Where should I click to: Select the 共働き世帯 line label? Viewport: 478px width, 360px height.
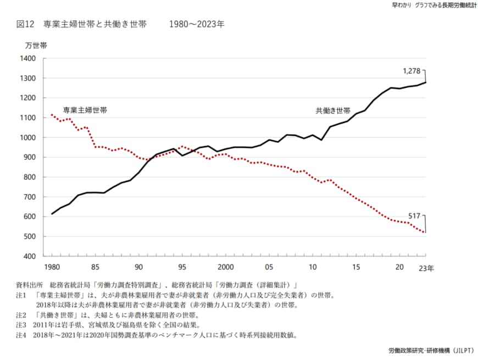333,110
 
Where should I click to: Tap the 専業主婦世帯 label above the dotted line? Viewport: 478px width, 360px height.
85,110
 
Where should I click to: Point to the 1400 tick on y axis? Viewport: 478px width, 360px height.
27,58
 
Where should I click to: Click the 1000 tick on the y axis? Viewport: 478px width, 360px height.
27,137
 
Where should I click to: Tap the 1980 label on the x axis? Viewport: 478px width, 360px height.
52,267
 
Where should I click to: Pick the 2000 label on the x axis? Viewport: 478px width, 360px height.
226,267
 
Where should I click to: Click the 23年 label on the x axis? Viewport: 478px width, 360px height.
426,268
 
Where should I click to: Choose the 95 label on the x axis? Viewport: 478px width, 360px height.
182,267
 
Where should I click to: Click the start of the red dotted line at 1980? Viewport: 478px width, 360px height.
52,115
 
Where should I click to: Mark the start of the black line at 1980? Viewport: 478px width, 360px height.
52,214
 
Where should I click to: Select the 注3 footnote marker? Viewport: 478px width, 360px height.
21,325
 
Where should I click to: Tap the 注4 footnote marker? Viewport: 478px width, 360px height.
21,335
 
